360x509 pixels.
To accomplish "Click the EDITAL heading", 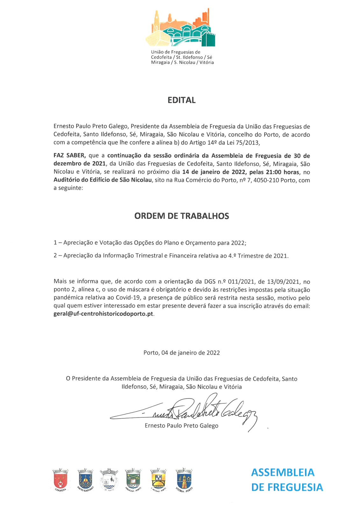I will (x=181, y=100).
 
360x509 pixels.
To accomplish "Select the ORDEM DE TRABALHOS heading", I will (x=181, y=216).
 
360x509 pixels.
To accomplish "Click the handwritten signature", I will (x=185, y=410).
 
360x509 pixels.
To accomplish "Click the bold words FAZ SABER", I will (x=69, y=156).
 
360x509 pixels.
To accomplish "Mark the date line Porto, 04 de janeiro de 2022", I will (x=181, y=353).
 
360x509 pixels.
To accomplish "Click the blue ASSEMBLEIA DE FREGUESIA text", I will (x=287, y=480).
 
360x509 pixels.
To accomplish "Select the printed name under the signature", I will (x=181, y=426).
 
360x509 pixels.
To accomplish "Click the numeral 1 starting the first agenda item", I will (x=55, y=243).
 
